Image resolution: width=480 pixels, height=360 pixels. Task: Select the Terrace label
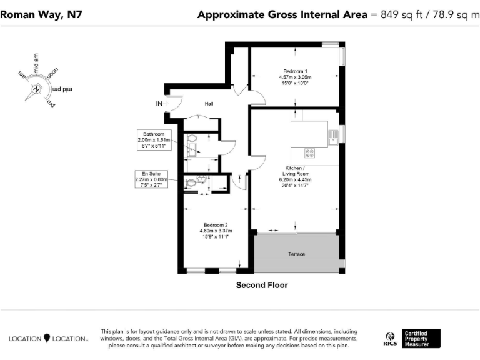click(296, 254)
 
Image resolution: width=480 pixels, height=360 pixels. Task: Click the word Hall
click(209, 104)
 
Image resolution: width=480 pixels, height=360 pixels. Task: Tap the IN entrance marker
click(159, 104)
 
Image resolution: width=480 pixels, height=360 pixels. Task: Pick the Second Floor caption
click(261, 285)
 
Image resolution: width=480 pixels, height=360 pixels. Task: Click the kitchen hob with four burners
click(309, 152)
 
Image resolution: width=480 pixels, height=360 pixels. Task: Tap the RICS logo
click(390, 339)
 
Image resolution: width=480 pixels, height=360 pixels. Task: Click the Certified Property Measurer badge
click(421, 339)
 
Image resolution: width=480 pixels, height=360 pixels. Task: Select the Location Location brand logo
click(48, 339)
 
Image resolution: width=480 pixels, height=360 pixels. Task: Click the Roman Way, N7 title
click(36, 14)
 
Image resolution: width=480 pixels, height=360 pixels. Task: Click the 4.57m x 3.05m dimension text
click(295, 77)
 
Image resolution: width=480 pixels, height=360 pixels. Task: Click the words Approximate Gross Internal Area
click(282, 14)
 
